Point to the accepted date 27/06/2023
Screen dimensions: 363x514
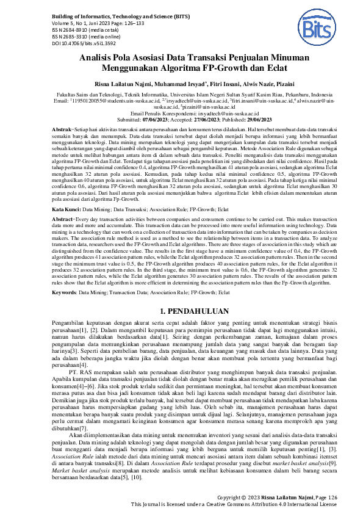pyautogui.click(x=189, y=120)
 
